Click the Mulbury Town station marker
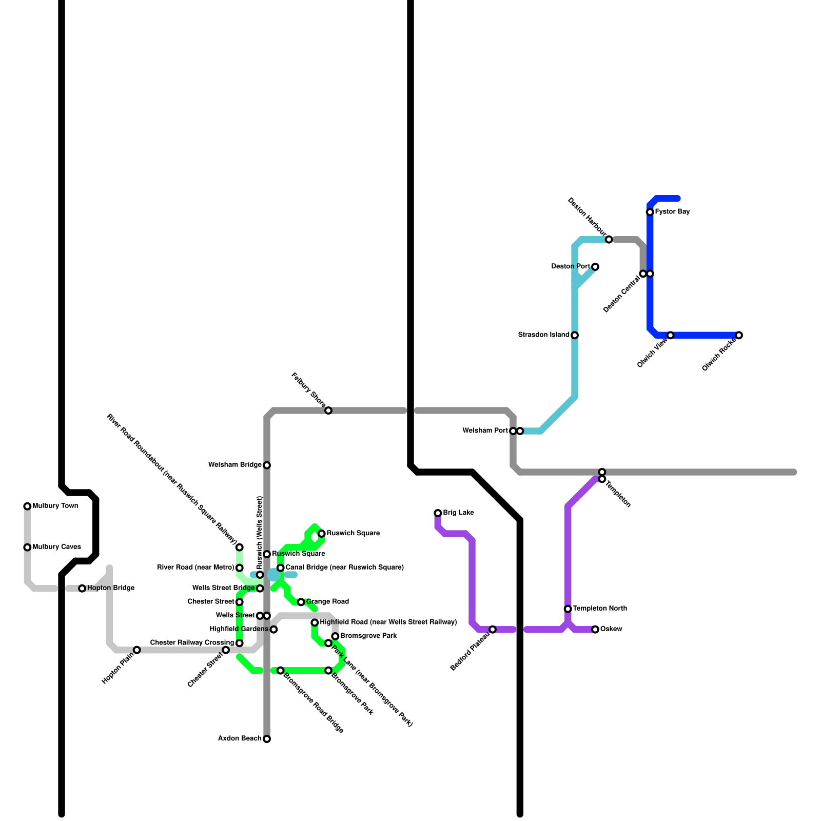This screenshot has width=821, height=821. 27,506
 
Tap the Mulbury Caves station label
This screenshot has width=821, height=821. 56,547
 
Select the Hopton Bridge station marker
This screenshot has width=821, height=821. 82,589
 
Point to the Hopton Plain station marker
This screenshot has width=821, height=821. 137,650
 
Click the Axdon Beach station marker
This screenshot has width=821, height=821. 267,739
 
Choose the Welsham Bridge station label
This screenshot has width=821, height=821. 235,465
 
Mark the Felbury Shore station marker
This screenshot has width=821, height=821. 328,411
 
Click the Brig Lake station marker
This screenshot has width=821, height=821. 438,513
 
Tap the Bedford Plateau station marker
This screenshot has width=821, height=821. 493,630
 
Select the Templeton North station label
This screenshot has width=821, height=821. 600,609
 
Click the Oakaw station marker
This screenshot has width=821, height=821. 595,630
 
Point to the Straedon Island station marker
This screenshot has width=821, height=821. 575,336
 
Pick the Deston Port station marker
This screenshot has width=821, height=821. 595,267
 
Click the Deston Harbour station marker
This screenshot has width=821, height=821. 609,240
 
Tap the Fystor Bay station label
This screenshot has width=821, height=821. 672,212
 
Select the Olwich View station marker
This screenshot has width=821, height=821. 671,336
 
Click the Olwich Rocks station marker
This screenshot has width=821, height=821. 739,336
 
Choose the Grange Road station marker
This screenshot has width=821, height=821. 301,602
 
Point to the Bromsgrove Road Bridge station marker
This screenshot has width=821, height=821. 281,671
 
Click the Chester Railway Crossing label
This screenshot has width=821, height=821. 192,643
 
